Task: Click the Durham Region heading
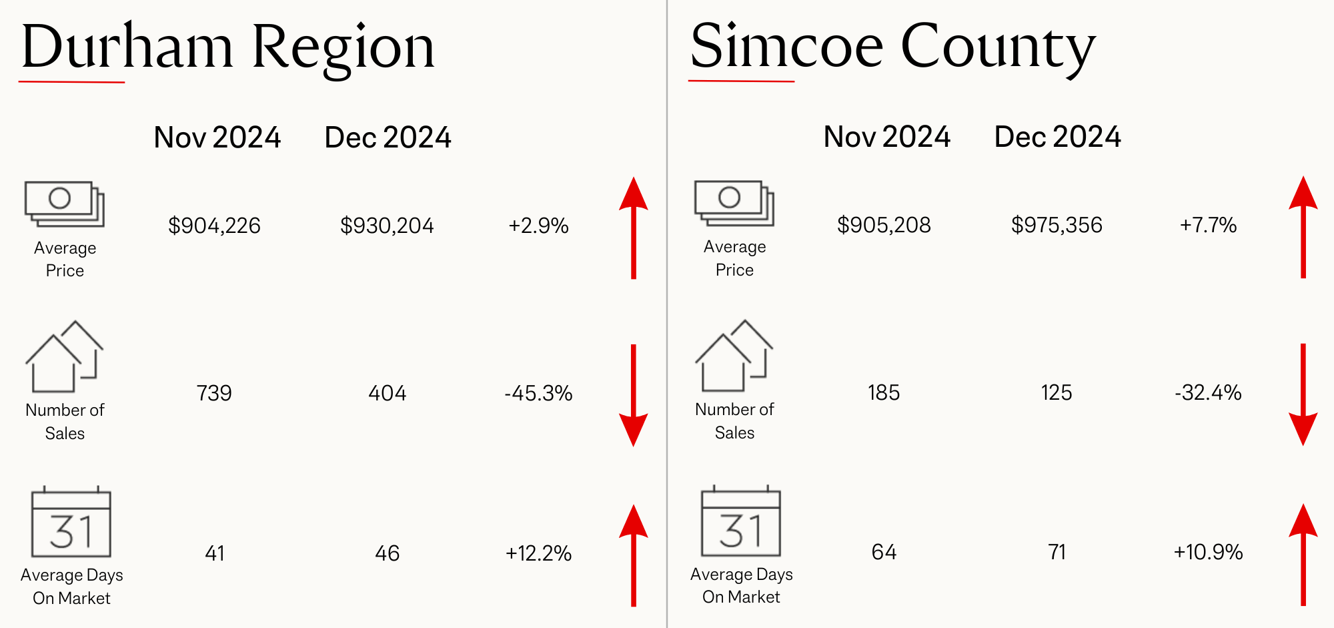pyautogui.click(x=228, y=47)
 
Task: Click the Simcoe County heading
pyautogui.click(x=893, y=47)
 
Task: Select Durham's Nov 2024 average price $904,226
pyautogui.click(x=214, y=226)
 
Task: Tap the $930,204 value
pyautogui.click(x=387, y=226)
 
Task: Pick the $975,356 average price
pyautogui.click(x=1057, y=225)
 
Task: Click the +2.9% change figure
pyautogui.click(x=538, y=226)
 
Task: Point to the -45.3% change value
pyautogui.click(x=538, y=393)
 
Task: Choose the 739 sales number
pyautogui.click(x=214, y=393)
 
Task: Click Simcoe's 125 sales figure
pyautogui.click(x=1057, y=392)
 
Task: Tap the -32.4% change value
pyautogui.click(x=1208, y=392)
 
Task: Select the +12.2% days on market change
pyautogui.click(x=538, y=553)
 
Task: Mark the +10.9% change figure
pyautogui.click(x=1208, y=552)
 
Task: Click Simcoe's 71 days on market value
pyautogui.click(x=1057, y=552)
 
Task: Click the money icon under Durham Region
pyautogui.click(x=65, y=204)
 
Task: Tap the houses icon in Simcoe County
pyautogui.click(x=734, y=356)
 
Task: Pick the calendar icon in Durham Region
pyautogui.click(x=71, y=521)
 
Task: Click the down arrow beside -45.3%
pyautogui.click(x=634, y=395)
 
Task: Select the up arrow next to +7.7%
pyautogui.click(x=1303, y=227)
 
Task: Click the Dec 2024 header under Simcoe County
pyautogui.click(x=1057, y=137)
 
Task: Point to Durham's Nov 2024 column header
pyautogui.click(x=217, y=137)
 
